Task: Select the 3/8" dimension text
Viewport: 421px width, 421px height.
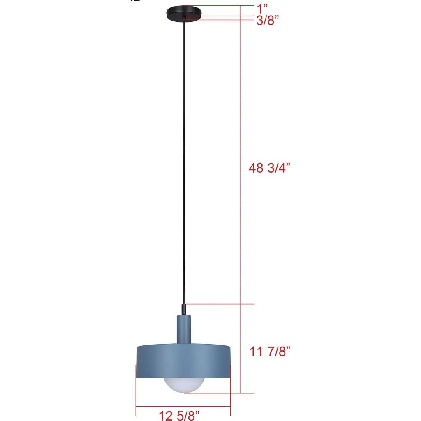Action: [267, 20]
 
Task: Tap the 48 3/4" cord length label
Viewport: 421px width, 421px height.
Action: [270, 168]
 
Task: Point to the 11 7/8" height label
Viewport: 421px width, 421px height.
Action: [270, 351]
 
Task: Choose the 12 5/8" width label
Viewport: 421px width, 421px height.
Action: [179, 416]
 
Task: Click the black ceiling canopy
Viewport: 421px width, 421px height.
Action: [184, 14]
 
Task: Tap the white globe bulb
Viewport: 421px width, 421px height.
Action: [184, 385]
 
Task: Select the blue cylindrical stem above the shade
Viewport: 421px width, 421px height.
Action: [184, 329]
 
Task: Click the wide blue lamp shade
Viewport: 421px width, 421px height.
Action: [184, 361]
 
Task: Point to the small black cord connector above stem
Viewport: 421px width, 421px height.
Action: [184, 309]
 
